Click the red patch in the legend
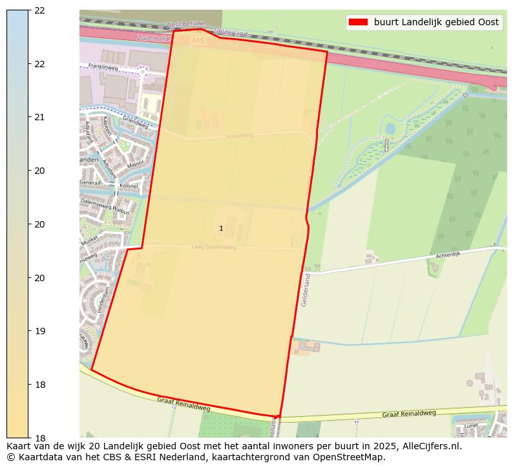[358, 22]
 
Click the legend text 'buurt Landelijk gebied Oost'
[436, 22]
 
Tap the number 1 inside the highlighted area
[221, 228]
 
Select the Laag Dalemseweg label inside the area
[215, 247]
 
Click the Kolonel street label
[129, 186]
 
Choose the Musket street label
[90, 239]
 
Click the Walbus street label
[120, 211]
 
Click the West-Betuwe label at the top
[185, 25]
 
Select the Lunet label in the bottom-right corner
[470, 427]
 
